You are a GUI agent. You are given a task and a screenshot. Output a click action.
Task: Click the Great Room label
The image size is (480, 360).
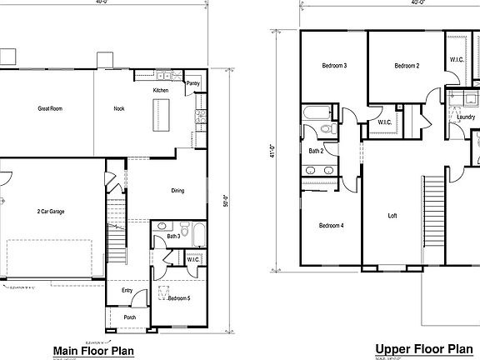[50, 108]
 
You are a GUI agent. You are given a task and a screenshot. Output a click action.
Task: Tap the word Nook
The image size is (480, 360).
[119, 108]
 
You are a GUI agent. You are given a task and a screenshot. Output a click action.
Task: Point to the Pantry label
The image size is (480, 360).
[192, 83]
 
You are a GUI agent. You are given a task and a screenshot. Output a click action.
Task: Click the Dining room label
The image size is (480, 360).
[177, 191]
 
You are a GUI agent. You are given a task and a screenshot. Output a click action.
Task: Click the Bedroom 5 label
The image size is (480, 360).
[180, 297]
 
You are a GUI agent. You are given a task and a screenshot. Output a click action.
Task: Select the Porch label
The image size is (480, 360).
[131, 317]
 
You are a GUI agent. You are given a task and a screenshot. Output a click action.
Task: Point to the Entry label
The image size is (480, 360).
[127, 290]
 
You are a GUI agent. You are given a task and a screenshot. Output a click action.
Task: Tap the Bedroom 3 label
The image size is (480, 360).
[334, 66]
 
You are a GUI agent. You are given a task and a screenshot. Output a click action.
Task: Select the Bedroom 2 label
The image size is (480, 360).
[406, 66]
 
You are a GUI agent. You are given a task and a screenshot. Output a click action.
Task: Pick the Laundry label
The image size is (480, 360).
[465, 117]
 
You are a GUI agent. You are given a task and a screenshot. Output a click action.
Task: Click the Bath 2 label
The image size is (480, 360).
[316, 151]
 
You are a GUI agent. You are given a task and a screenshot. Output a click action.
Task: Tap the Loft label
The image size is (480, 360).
[392, 215]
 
